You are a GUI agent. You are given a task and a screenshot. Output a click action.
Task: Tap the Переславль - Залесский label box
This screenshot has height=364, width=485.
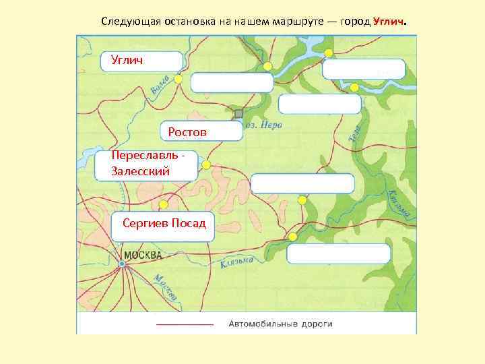coord(146,164)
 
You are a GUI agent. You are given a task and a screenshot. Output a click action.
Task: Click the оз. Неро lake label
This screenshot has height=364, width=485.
coord(264,125)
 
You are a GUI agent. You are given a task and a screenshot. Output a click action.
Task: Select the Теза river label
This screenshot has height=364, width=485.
coord(356,131)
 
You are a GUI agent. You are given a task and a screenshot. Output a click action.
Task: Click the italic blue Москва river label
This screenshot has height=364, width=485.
coord(166,287)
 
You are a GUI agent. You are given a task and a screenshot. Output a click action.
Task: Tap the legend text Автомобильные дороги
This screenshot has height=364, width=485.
coord(280,324)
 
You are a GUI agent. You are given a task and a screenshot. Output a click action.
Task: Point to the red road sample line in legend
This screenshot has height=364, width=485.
coord(185,324)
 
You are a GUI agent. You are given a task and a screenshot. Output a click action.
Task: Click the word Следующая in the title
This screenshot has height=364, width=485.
coord(129,22)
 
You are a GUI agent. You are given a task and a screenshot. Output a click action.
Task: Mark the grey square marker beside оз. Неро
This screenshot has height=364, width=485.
coord(238,113)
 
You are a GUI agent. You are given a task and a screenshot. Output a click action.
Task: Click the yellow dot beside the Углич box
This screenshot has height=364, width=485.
coord(178,79)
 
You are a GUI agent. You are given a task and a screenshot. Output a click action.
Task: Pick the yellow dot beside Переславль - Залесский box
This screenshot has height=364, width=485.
coord(207,165)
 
